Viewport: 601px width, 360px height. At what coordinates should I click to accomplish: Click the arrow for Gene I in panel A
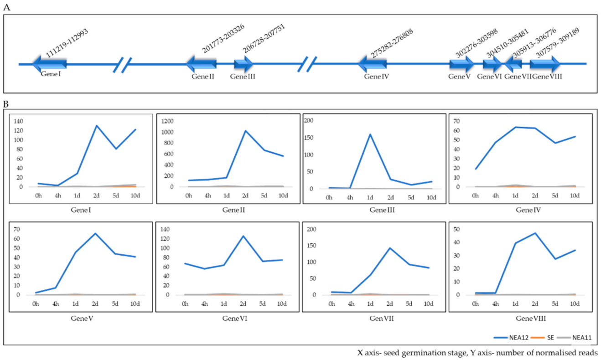[x=49, y=63]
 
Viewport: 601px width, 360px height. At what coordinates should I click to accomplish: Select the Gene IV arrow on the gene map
[x=373, y=64]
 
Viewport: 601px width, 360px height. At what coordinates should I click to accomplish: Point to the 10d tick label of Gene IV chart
[x=575, y=196]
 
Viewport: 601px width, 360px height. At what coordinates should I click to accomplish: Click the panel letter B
[x=6, y=104]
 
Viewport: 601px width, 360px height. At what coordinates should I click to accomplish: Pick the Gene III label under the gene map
[x=243, y=77]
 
